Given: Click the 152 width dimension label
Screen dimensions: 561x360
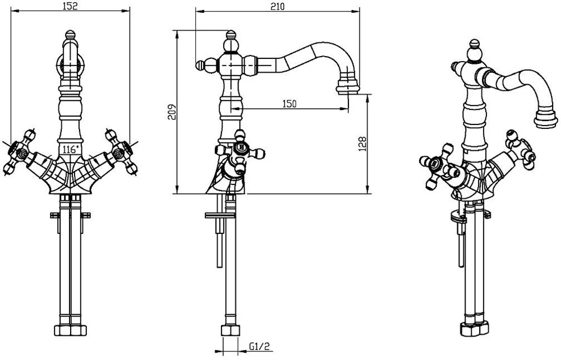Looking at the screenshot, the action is tap(70, 6).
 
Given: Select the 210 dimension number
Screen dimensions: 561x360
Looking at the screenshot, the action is tap(277, 7).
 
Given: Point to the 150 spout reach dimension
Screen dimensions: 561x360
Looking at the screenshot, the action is tap(289, 104).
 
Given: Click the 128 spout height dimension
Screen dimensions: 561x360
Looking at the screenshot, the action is tap(362, 144).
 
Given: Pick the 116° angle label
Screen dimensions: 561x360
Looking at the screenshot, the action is tap(70, 149).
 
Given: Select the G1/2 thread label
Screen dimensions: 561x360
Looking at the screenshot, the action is tap(259, 347).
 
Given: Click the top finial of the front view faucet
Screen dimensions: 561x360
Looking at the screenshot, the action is tap(71, 35).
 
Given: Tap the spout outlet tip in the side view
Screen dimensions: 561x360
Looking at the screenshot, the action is tap(347, 88).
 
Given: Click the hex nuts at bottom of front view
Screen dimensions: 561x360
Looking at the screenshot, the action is tap(71, 330).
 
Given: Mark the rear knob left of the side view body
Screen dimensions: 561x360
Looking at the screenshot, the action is tap(201, 66).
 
